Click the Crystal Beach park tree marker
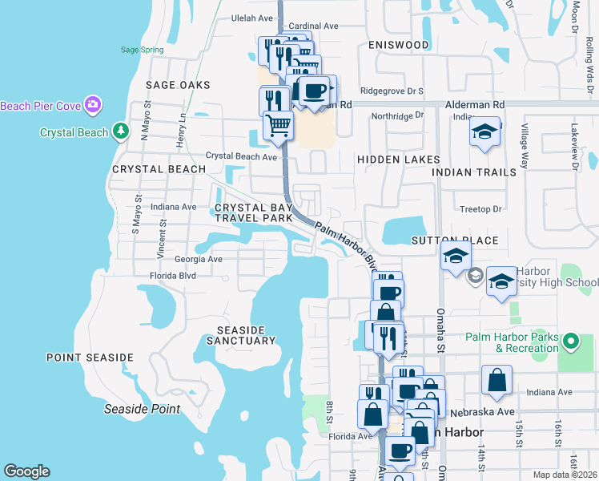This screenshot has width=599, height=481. (120, 131)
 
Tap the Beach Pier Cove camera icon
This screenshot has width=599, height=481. (94, 105)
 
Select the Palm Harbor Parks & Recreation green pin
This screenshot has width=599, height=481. (570, 342)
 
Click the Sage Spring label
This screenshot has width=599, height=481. (142, 50)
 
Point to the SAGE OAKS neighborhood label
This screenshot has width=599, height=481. (178, 85)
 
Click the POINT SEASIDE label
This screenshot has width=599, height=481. (90, 357)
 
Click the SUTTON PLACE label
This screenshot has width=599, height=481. (455, 240)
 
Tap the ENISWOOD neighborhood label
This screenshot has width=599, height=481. (398, 45)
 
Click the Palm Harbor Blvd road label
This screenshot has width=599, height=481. (345, 244)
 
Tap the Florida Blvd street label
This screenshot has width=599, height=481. (172, 275)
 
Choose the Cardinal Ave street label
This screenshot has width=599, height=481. (314, 26)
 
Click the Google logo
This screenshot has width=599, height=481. (26, 471)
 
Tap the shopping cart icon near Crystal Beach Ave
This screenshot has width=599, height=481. (278, 124)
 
